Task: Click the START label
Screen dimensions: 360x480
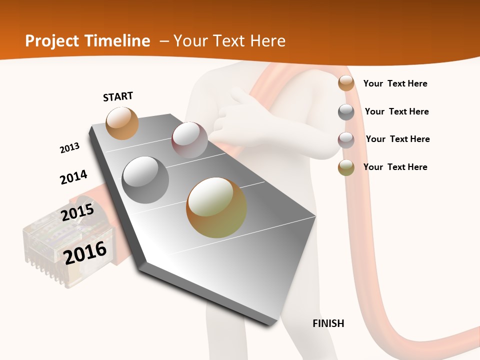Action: coord(118,96)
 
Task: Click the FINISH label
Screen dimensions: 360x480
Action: coord(328,323)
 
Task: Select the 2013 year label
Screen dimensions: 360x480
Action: coord(69,148)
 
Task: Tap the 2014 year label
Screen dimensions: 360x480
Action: coord(73,177)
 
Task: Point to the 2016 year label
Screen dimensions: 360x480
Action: coord(85,252)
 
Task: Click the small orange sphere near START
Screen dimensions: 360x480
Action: coord(122,123)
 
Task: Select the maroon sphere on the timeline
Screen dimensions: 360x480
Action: coord(189,140)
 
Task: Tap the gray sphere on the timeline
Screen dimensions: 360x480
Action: coord(145,180)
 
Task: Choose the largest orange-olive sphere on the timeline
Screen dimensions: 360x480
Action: coord(216,207)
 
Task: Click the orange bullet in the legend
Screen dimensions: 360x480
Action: coord(346,83)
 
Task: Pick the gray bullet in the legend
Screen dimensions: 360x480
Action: coord(346,111)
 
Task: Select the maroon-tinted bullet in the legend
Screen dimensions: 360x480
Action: coord(346,139)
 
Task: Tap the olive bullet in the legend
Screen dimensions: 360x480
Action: coord(346,167)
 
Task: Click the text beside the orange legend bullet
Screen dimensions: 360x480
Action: coord(395,83)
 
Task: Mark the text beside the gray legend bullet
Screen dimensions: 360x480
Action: coord(396,111)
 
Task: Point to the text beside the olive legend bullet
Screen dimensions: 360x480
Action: coord(395,167)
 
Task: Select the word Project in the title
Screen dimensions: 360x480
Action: coord(51,41)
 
